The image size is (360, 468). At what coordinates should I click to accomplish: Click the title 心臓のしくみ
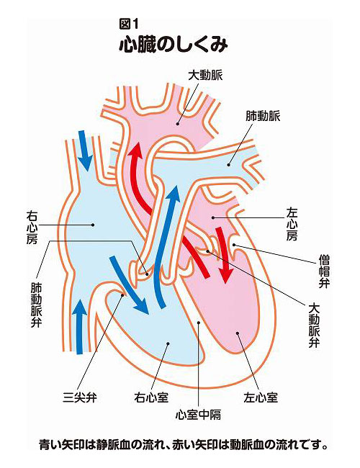173,45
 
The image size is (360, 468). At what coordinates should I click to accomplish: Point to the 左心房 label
292,224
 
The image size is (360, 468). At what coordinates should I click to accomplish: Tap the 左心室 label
261,397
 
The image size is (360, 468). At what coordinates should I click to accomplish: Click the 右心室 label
151,397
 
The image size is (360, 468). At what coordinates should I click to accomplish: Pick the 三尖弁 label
79,397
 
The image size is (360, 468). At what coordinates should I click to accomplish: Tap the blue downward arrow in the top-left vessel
85,149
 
